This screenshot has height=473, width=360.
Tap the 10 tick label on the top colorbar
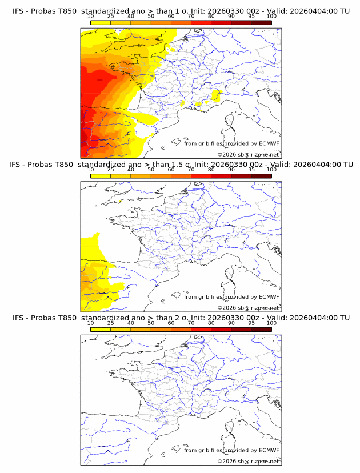click(x=91, y=16)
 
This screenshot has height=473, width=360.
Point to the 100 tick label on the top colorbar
click(x=271, y=16)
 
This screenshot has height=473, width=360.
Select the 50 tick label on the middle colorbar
click(x=151, y=170)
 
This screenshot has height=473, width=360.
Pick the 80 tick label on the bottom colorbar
click(x=211, y=323)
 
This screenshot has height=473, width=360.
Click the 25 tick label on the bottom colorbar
click(x=111, y=323)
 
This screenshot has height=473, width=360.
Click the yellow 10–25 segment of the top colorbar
click(x=101, y=22)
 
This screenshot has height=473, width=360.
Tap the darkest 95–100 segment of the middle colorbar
click(x=262, y=176)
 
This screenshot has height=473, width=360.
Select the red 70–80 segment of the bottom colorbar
click(x=201, y=330)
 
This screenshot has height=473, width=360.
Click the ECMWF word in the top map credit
click(x=269, y=143)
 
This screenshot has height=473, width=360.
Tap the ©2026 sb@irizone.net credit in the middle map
click(x=249, y=307)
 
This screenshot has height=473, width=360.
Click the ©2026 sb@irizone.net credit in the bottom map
click(x=249, y=461)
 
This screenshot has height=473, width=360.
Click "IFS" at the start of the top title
click(x=18, y=11)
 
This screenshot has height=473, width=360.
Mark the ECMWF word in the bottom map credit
click(x=269, y=450)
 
